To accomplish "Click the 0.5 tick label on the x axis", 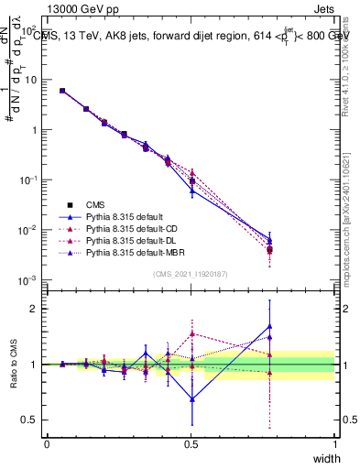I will point(191,443).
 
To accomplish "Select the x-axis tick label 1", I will point(334,443).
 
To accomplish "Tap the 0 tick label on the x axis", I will point(48,443).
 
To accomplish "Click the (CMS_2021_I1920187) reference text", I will point(191,273).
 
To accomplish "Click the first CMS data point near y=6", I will point(62,91).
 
